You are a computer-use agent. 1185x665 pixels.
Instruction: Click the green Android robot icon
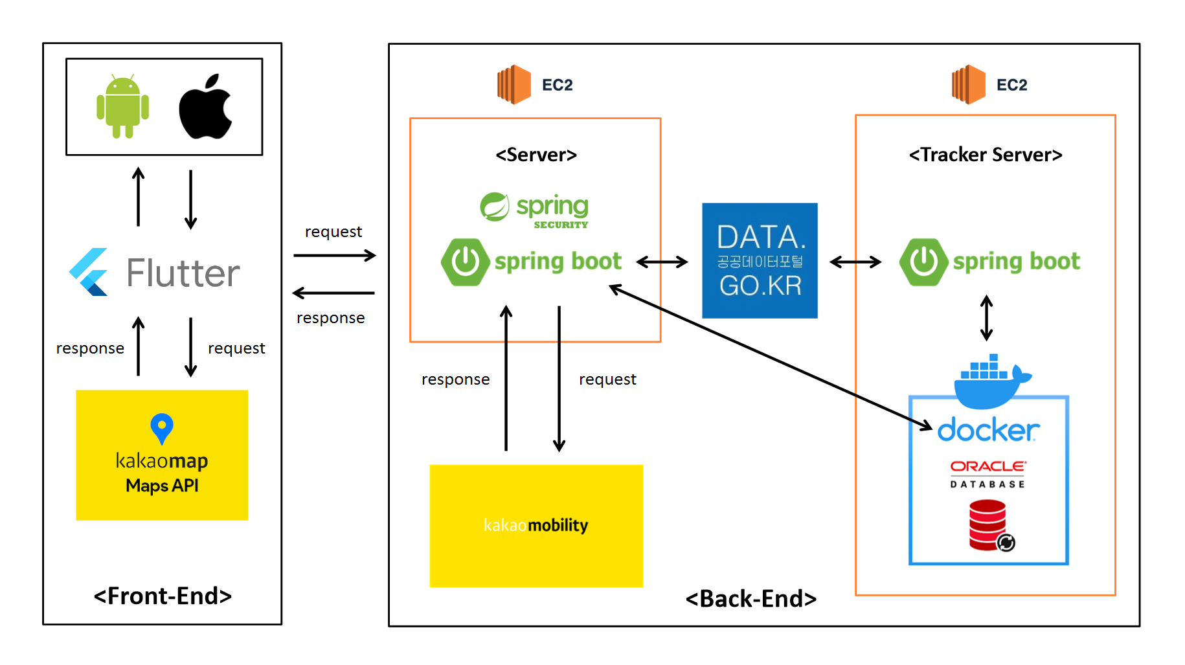pos(122,106)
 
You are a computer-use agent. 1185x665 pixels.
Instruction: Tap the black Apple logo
pos(205,107)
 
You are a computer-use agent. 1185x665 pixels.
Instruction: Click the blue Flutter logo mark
pos(89,272)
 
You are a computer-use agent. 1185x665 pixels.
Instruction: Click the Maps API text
pos(162,486)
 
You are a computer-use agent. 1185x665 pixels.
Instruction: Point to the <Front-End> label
pos(163,596)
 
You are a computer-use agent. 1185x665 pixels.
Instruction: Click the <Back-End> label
pos(751,599)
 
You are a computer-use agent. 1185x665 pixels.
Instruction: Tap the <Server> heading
pos(536,155)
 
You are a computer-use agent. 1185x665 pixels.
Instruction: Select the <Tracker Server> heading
pos(986,155)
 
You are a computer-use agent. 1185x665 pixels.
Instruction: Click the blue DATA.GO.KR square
pos(760,260)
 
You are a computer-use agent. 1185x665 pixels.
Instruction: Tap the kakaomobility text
pos(536,525)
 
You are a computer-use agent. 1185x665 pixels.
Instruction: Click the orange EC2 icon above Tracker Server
pos(969,85)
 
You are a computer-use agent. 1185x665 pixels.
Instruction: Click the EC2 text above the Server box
pos(558,85)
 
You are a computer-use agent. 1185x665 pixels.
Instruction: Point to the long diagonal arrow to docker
pos(771,357)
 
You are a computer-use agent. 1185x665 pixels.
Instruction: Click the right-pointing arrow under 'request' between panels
pos(334,256)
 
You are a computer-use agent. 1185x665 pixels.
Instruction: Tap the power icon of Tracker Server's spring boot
pos(923,262)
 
